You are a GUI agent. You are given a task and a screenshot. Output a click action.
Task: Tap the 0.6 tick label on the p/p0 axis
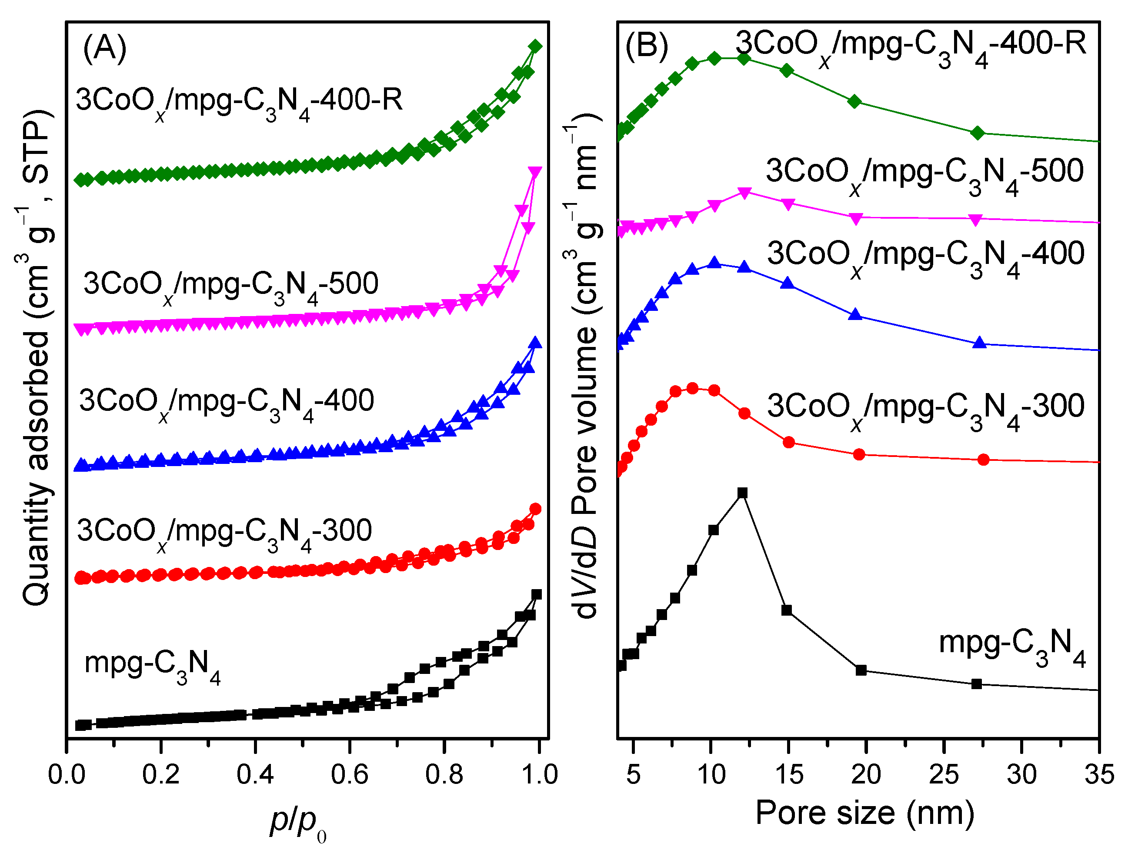click(x=349, y=774)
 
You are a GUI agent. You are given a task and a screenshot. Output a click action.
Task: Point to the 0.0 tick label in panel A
click(x=67, y=774)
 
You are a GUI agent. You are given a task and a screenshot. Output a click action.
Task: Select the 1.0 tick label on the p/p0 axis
click(x=539, y=774)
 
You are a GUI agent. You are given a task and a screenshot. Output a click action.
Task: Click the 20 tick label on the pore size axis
click(x=865, y=774)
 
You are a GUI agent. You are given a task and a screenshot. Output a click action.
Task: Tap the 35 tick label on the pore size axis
click(x=1099, y=774)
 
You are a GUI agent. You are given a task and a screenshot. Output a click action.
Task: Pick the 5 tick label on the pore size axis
click(x=634, y=774)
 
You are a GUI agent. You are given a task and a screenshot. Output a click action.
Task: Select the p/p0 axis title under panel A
click(x=297, y=822)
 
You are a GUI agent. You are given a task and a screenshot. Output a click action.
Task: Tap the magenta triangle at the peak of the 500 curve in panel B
click(x=745, y=193)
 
